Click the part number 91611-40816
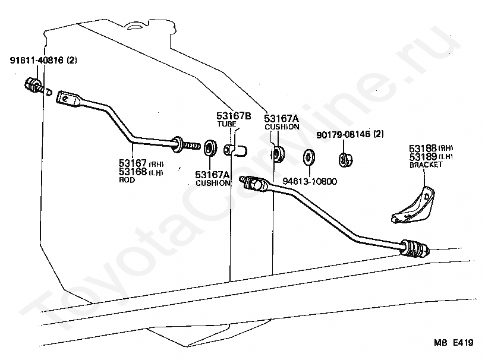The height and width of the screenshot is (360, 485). tap(36, 60)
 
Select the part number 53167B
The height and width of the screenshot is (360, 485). tap(234, 116)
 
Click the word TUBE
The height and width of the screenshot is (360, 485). tap(226, 124)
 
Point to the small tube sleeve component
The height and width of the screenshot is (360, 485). tap(235, 150)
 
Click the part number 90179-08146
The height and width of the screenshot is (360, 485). tap(343, 134)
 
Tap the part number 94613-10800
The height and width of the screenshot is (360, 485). tap(310, 181)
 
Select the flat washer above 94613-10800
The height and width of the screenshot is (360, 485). tap(309, 157)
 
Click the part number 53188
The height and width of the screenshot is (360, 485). tap(423, 148)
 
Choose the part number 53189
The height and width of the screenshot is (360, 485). tap(423, 156)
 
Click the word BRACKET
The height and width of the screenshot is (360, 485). tap(426, 165)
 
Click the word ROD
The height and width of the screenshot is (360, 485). tap(127, 179)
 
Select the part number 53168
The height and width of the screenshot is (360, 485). tap(133, 172)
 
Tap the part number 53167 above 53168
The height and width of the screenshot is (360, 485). tap(133, 163)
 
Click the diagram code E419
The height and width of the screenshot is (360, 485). tap(463, 342)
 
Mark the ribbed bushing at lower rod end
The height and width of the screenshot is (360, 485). tap(414, 248)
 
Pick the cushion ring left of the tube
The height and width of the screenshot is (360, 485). tap(210, 148)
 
